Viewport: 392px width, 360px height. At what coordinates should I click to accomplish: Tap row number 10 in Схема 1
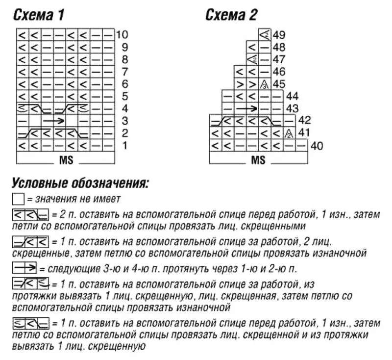122,35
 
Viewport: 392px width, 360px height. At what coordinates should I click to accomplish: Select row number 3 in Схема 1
124,121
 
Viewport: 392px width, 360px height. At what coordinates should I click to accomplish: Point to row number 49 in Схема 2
279,35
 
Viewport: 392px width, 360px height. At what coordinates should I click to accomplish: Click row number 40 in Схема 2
317,146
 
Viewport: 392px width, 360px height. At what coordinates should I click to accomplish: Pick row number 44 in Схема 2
293,96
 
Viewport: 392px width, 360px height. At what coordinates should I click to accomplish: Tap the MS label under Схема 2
258,160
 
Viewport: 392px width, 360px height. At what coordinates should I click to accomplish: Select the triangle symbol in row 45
265,84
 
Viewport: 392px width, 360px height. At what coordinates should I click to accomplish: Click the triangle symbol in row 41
289,133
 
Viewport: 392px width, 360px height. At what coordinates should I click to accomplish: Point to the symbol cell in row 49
265,35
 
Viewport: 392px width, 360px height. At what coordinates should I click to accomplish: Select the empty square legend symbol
18,199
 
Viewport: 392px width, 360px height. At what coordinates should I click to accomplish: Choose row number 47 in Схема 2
279,59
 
